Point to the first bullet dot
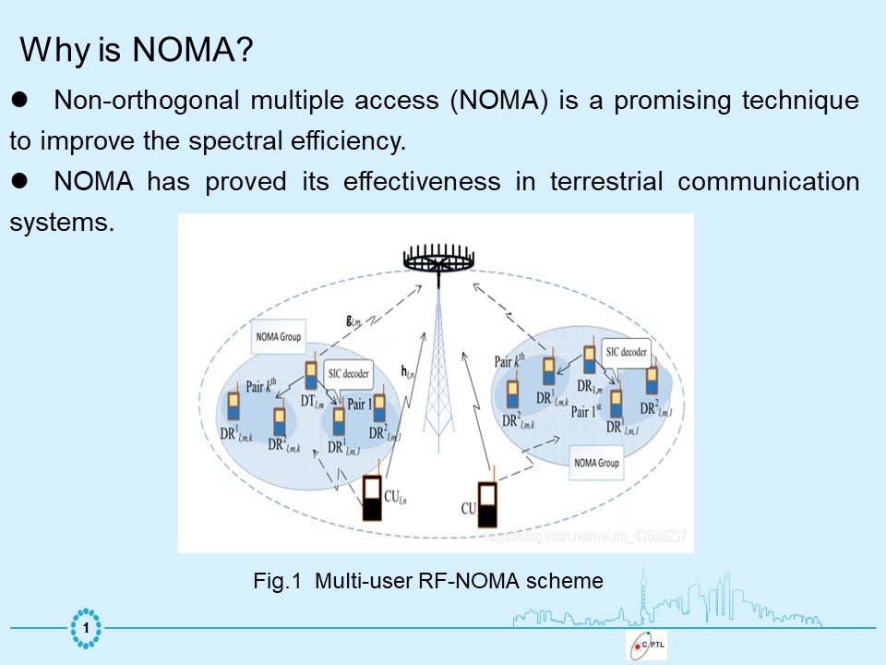tap(20, 99)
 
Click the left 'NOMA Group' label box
tap(278, 338)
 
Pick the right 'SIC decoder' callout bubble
tap(626, 351)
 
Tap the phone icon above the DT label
tap(311, 375)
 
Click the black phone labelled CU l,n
tap(372, 499)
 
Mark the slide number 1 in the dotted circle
tap(86, 629)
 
